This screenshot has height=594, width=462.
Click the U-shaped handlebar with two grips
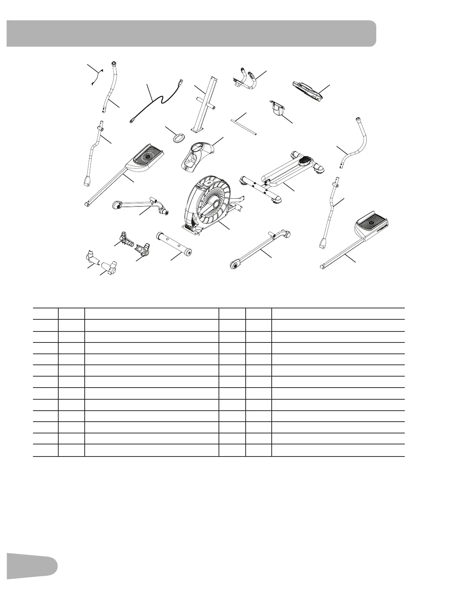249,78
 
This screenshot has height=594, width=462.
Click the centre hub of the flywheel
214,204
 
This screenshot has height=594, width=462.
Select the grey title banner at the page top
191,33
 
